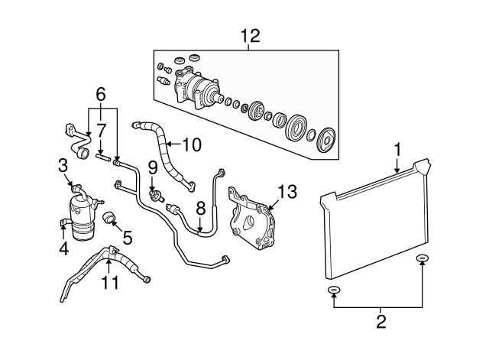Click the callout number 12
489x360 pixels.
tap(250, 35)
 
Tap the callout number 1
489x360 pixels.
tap(397, 148)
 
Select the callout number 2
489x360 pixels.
tap(380, 323)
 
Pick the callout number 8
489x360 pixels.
tap(200, 209)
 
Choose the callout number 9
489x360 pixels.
tap(152, 166)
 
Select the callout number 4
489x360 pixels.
tap(63, 248)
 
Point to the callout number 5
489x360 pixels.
tap(128, 238)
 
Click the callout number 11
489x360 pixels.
tap(112, 284)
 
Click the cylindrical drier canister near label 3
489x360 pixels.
tap(81, 213)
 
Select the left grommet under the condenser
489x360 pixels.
tap(333, 290)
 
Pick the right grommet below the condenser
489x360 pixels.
tap(423, 260)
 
